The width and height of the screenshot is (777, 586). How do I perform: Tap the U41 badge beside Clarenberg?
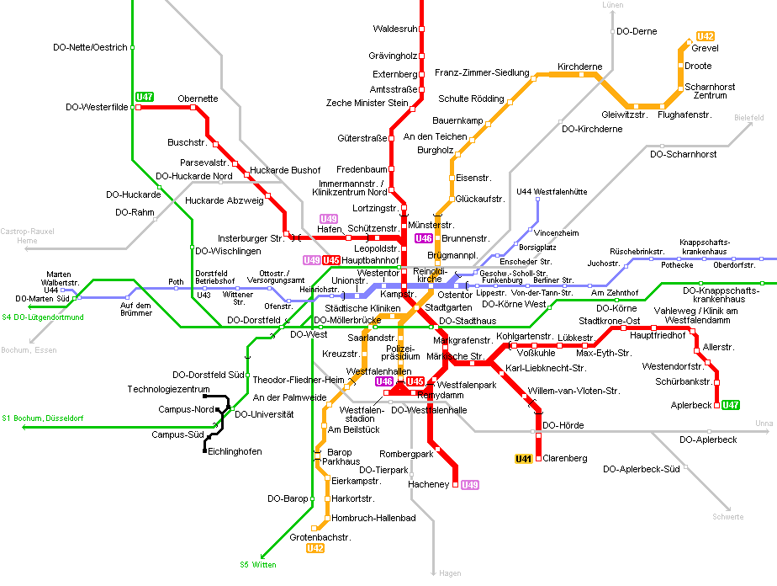click(x=523, y=459)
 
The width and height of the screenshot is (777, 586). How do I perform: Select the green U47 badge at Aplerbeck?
click(x=731, y=405)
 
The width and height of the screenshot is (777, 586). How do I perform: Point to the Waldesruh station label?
click(x=395, y=29)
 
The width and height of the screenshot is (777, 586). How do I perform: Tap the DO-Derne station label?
click(x=637, y=31)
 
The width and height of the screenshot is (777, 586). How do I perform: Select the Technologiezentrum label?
click(x=168, y=390)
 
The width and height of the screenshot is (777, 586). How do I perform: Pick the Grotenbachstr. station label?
click(x=320, y=537)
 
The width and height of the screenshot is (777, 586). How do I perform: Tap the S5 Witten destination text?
click(x=257, y=565)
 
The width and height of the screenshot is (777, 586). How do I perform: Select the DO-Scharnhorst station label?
click(x=683, y=155)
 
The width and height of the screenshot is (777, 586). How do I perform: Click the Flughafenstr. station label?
click(x=684, y=115)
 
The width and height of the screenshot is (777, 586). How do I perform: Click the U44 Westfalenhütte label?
click(x=552, y=192)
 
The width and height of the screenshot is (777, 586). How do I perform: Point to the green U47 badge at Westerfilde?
click(x=145, y=97)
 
